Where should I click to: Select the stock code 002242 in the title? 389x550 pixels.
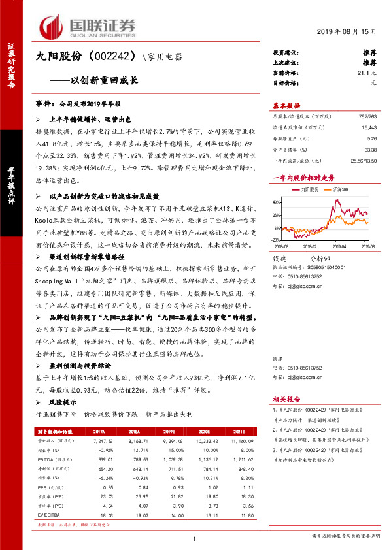click(x=115, y=58)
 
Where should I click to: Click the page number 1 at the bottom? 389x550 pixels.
click(x=194, y=538)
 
